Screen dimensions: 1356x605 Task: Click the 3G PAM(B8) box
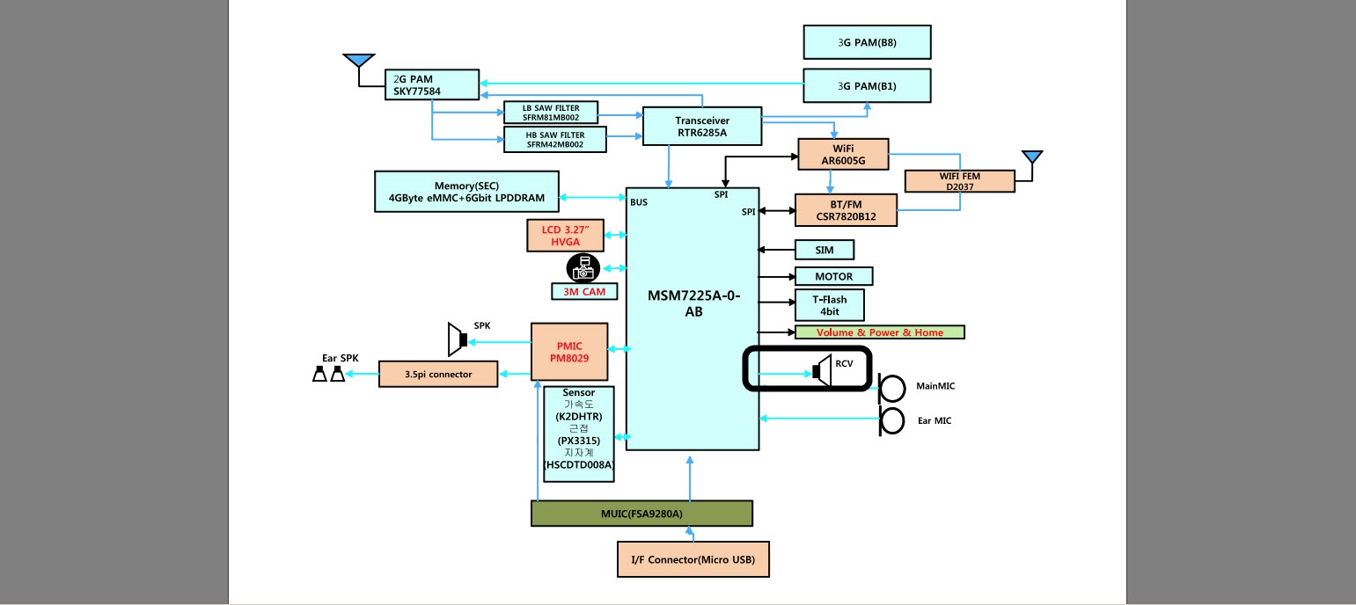[867, 42]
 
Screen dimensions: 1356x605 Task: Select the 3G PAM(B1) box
[867, 86]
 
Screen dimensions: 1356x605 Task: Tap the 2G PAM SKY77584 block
[432, 84]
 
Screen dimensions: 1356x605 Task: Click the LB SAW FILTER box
[551, 113]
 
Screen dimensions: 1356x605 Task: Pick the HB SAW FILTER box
[555, 140]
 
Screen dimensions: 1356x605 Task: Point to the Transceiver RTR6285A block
[702, 127]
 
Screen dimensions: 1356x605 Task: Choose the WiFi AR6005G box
[843, 154]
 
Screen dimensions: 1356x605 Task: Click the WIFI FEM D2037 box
[959, 181]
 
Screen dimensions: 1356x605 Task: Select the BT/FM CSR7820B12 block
[846, 210]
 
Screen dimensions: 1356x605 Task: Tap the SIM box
[825, 250]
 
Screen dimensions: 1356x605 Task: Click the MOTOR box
[833, 276]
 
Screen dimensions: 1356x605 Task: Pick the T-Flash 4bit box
[829, 305]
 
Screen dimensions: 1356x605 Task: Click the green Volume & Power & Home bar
[880, 332]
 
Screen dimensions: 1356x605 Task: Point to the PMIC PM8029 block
[569, 352]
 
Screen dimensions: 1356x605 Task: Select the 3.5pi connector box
[438, 375]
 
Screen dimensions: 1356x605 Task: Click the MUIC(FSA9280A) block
[641, 514]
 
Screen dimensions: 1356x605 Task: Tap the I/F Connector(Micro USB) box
[693, 559]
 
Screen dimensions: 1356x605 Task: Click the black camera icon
[583, 268]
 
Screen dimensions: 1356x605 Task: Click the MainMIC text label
[935, 386]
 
